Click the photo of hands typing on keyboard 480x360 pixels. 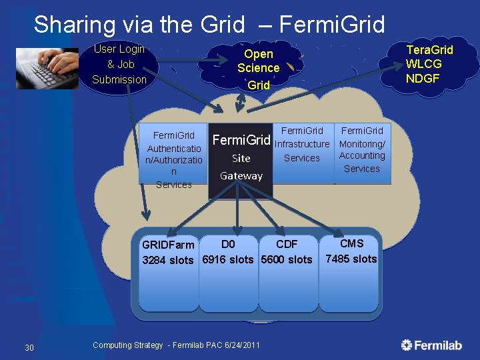click(47, 68)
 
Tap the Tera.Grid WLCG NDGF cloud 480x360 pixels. click(429, 64)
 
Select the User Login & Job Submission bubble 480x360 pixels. click(119, 65)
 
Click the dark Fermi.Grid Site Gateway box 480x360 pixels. click(241, 160)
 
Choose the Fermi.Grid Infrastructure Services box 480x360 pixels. click(302, 145)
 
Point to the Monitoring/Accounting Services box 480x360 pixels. click(362, 150)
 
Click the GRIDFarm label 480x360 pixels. click(168, 245)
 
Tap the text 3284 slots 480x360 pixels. click(168, 260)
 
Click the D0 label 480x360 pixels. click(228, 244)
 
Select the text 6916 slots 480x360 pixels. click(228, 259)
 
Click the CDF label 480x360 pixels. click(287, 244)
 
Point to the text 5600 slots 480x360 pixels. click(287, 259)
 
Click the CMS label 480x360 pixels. click(351, 243)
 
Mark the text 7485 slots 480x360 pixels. click(351, 259)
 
